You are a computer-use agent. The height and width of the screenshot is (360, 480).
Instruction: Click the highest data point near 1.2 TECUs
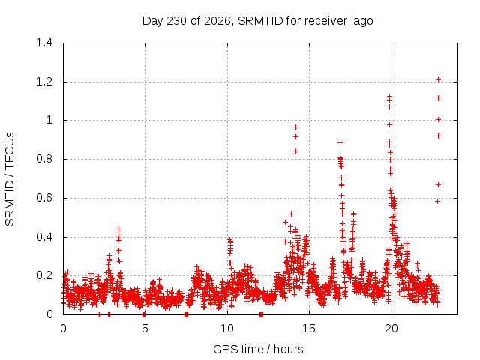tap(438, 79)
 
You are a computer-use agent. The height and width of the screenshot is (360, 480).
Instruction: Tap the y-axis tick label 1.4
tap(44, 43)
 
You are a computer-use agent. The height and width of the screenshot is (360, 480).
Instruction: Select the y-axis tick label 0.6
tap(44, 198)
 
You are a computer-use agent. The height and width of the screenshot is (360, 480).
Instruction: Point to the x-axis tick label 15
tap(309, 328)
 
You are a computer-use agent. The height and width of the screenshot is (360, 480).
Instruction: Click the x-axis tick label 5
tap(145, 328)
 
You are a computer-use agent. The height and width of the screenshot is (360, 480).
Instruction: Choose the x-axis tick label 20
tap(391, 328)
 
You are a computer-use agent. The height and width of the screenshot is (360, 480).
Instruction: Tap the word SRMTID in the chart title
tap(260, 21)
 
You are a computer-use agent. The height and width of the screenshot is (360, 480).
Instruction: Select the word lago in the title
tap(363, 22)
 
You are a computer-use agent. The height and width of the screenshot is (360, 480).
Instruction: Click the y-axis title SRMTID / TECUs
tap(10, 179)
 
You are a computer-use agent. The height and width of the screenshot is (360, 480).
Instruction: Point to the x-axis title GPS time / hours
tap(258, 349)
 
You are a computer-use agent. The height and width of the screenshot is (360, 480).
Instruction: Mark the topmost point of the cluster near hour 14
tap(295, 127)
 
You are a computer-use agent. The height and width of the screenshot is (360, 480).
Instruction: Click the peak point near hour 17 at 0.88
tap(340, 142)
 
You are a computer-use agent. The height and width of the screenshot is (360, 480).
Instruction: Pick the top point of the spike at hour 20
tap(389, 96)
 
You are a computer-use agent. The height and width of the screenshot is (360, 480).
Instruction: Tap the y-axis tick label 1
tap(49, 120)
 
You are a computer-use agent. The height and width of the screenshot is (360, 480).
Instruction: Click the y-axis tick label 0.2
tap(44, 275)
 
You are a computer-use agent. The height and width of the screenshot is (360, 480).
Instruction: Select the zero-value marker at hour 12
tap(261, 314)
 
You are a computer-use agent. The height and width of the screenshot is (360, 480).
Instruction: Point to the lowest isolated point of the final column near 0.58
tap(438, 202)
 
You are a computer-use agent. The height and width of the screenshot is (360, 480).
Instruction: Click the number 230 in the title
tap(177, 21)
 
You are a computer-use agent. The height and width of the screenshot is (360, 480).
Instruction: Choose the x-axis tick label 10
tap(226, 328)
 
